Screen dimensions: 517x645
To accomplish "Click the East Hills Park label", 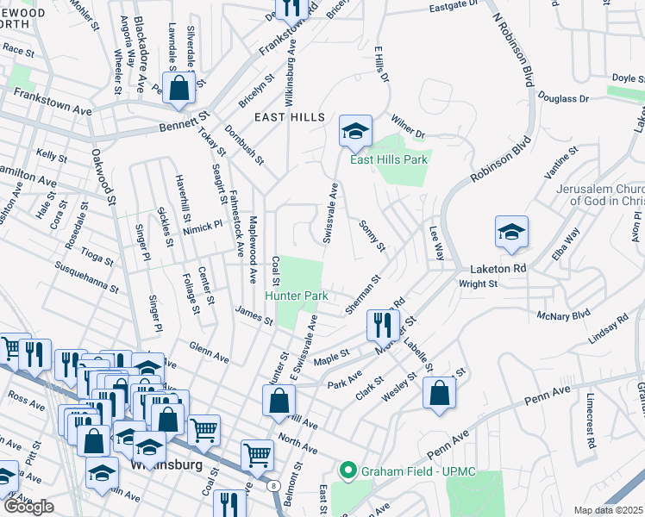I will tap(388, 159).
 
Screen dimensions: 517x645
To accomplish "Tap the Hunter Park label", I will tap(296, 296).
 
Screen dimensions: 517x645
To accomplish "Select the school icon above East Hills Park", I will tap(354, 132).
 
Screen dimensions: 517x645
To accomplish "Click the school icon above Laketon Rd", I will tap(511, 233).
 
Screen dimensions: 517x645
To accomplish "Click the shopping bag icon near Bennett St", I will tap(178, 89).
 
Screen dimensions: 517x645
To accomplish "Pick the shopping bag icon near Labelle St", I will tap(439, 394).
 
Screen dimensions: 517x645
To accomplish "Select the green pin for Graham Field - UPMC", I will tap(348, 470).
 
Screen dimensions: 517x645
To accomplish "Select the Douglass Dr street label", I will tap(564, 98).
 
